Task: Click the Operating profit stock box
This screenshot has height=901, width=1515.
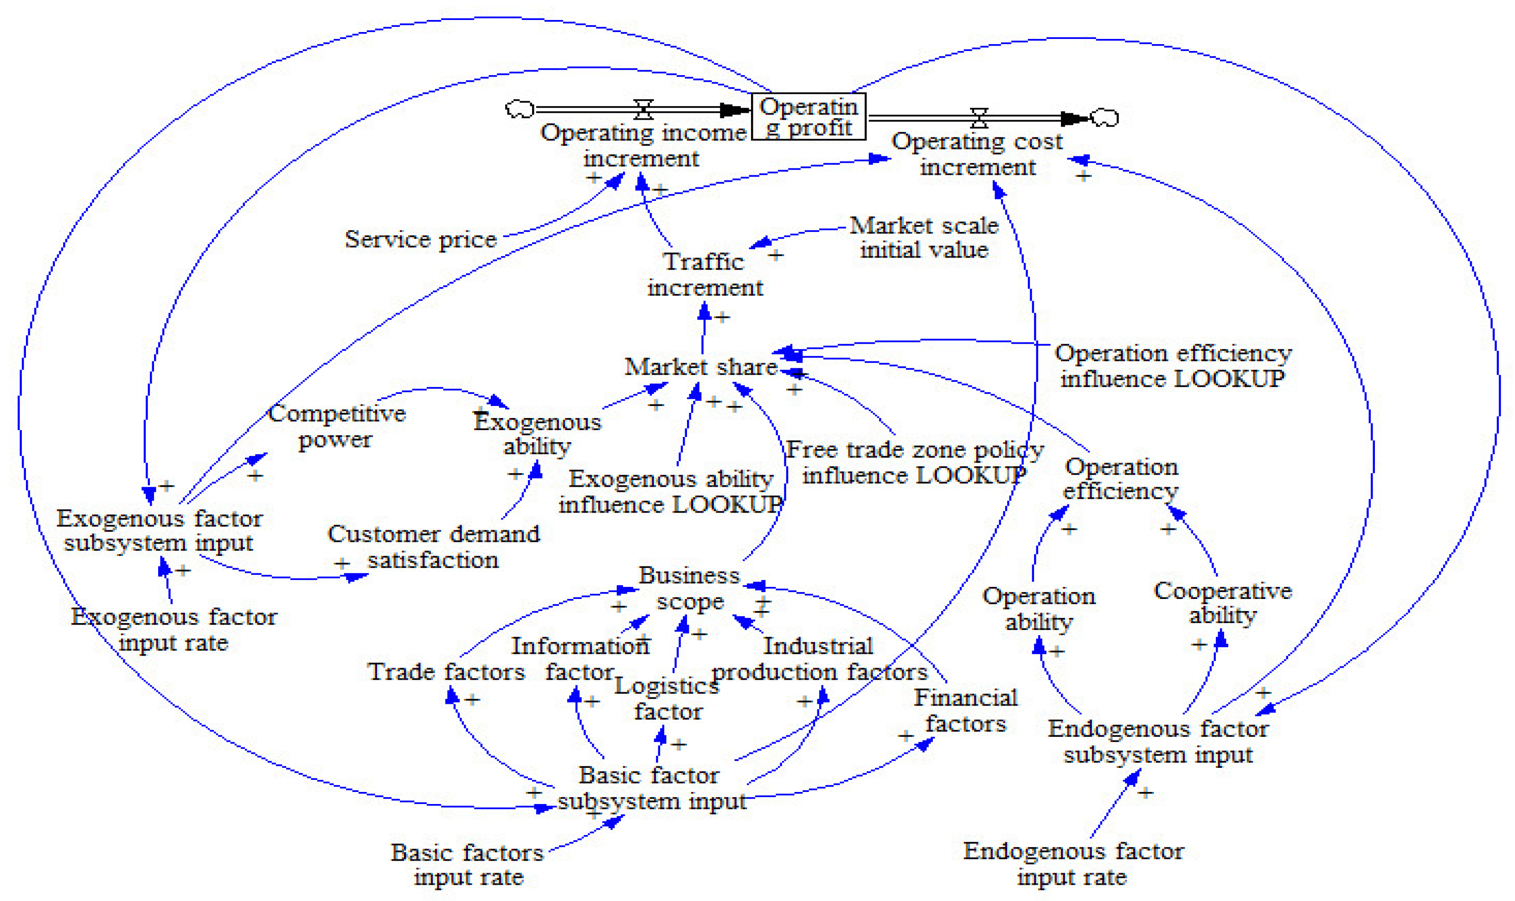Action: coord(809,116)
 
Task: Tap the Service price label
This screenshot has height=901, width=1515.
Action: coord(421,239)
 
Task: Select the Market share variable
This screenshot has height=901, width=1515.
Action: coord(700,367)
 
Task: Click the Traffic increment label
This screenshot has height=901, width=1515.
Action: coord(704,274)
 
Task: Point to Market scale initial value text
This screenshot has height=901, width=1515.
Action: coord(923,238)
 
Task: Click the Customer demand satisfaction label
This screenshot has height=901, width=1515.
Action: coord(433,547)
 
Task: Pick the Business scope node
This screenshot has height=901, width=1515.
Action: coord(689,588)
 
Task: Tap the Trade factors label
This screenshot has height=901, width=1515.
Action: coord(446,671)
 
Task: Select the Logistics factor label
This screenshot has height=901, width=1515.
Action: coord(667,698)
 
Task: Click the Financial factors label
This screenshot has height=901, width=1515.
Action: coord(965,710)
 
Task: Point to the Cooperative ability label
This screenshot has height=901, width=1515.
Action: coord(1222,602)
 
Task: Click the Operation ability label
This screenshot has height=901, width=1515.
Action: coord(1039,608)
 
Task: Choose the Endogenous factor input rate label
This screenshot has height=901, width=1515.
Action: coord(1072,863)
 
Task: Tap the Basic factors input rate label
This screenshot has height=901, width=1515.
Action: coord(468,864)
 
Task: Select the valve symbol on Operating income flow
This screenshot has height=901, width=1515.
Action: coord(643,109)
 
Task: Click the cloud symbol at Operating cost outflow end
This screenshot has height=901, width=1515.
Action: coord(1104,117)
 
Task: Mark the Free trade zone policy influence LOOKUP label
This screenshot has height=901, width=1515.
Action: coord(914,462)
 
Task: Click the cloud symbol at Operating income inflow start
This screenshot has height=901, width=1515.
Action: coord(520,109)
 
